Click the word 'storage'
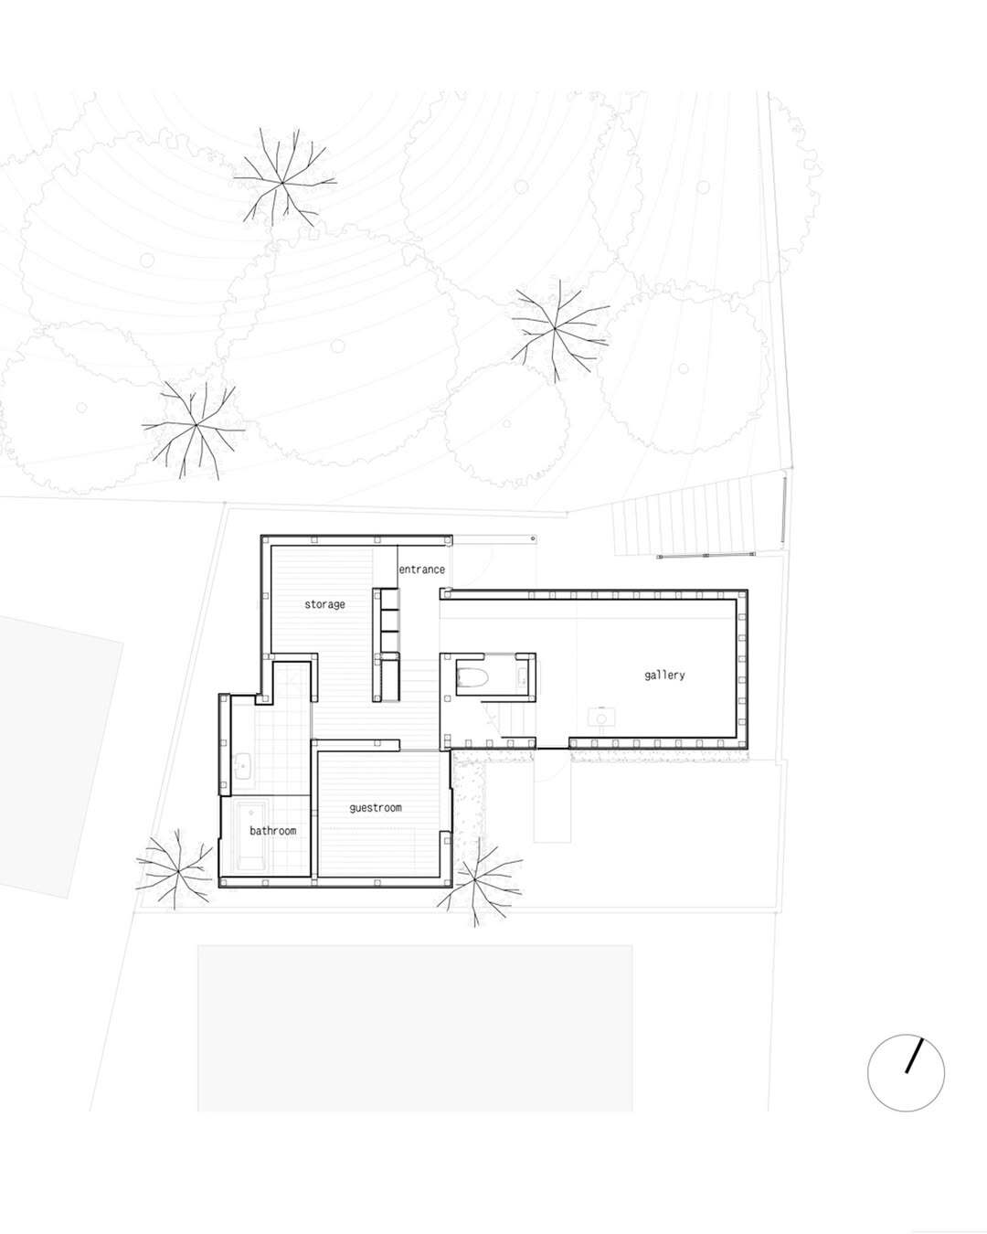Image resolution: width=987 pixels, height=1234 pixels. click(324, 604)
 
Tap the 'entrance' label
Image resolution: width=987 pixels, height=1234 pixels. click(421, 569)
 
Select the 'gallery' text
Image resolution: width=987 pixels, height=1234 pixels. click(664, 675)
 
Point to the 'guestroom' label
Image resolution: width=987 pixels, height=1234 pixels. click(376, 808)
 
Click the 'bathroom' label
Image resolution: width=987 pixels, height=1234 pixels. click(273, 831)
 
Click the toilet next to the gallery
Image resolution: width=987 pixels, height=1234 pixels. click(472, 679)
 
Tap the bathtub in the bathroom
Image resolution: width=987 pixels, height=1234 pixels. click(251, 839)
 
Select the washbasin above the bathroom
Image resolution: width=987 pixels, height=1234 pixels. click(242, 765)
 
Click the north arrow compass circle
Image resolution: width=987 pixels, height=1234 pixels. click(906, 1073)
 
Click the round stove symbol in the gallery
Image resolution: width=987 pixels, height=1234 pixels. click(601, 718)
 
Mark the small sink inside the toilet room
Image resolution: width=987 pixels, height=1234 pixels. click(523, 677)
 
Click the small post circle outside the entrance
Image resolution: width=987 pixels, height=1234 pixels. click(534, 538)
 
